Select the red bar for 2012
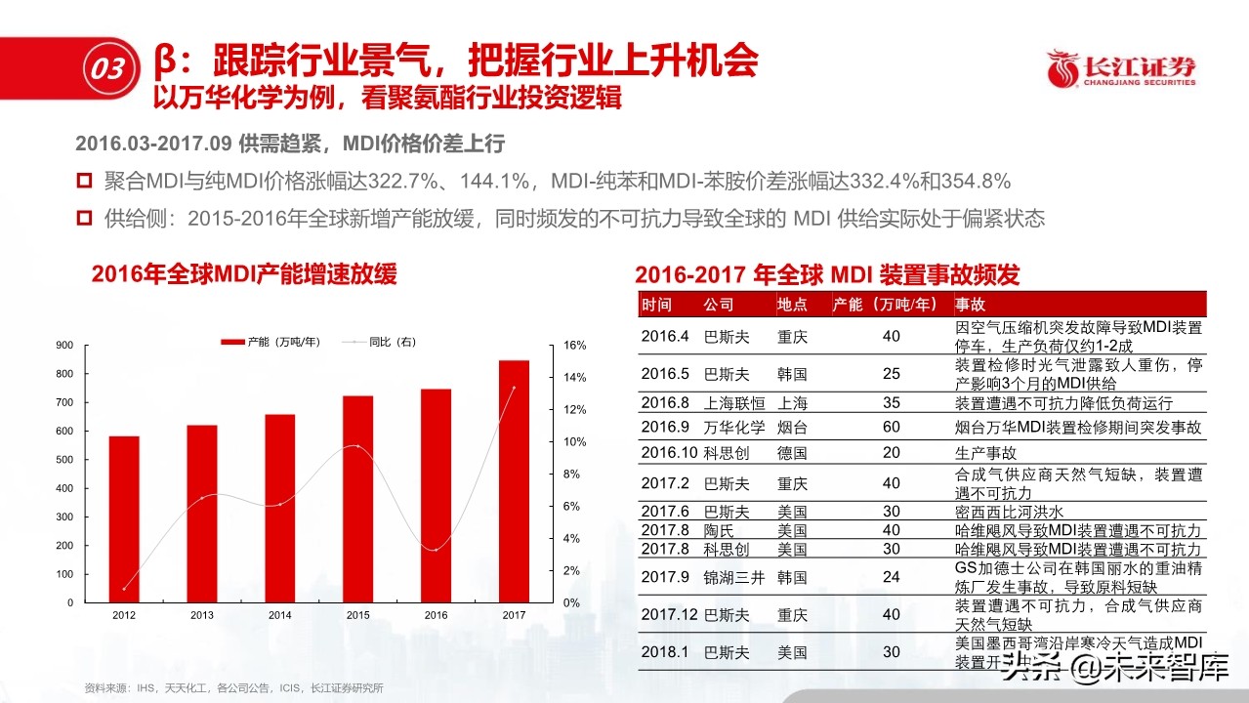124,518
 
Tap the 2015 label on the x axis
357,615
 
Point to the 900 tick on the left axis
64,346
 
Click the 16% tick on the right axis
575,346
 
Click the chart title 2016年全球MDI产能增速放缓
244,274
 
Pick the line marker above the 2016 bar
436,550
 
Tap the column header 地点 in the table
792,305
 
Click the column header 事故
971,305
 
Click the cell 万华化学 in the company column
733,428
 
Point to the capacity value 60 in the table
891,428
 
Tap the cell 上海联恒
733,402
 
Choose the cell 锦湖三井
733,577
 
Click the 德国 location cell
792,453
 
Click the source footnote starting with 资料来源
233,688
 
